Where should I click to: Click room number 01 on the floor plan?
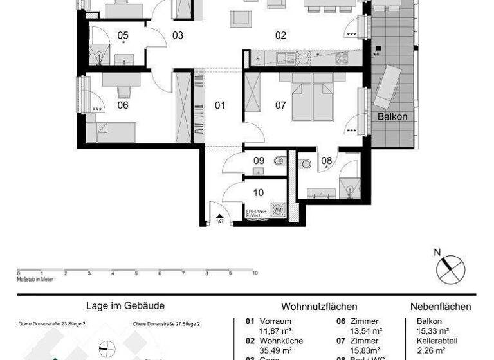point(220,104)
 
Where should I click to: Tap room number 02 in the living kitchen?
point(280,35)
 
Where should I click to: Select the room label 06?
point(122,105)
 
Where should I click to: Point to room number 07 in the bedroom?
point(280,104)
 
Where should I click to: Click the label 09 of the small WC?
point(259,160)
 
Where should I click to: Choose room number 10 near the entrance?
point(259,192)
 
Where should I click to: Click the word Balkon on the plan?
point(392,117)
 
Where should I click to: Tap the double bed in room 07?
point(313,97)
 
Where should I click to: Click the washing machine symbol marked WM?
point(278,210)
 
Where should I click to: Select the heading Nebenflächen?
point(441,307)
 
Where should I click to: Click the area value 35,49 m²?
point(277,350)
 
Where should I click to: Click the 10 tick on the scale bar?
point(255,273)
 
